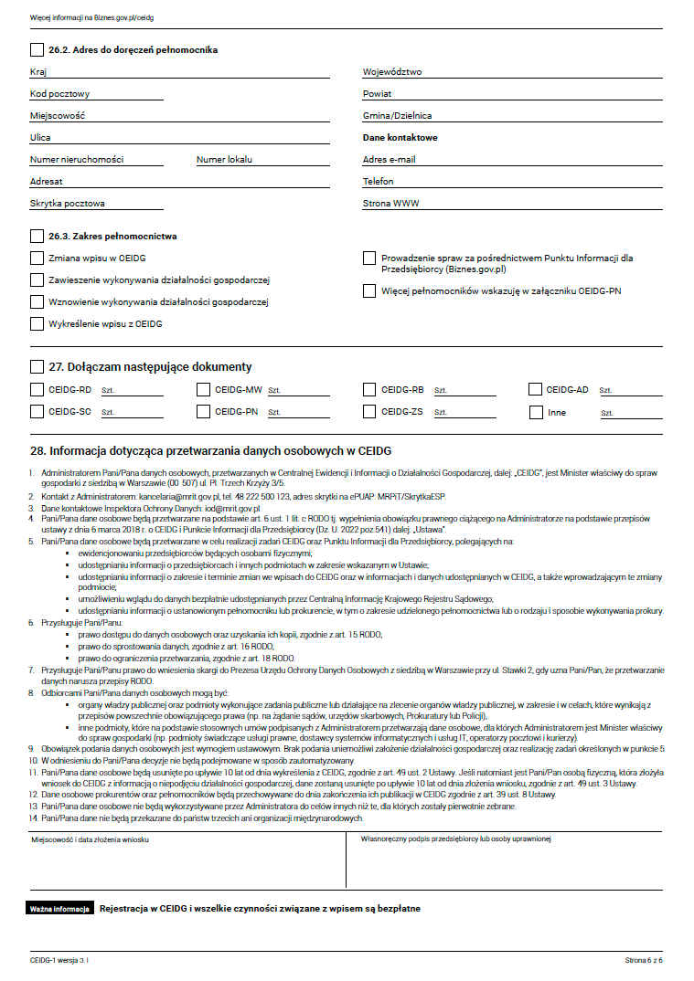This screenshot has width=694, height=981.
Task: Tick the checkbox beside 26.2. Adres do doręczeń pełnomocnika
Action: (37, 49)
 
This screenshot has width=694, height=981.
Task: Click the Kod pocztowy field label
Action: (59, 94)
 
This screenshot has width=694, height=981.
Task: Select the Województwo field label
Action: (392, 72)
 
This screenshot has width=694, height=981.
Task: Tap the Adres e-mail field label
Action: (389, 160)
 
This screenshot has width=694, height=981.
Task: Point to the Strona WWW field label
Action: (390, 204)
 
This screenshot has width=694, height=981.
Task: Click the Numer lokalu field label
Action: (226, 160)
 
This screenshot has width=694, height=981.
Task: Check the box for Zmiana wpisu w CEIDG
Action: (37, 258)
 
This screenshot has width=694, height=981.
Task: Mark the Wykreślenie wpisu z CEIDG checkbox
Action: (37, 323)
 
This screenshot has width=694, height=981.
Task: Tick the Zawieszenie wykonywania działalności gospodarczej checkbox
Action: (37, 280)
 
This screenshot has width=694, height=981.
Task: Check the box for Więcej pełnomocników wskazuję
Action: (369, 291)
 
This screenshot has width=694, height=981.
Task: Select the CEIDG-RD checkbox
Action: (37, 390)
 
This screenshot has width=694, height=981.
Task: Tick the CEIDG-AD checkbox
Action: (535, 390)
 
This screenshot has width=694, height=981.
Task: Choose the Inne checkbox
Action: (536, 413)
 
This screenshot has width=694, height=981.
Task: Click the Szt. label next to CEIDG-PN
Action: (274, 413)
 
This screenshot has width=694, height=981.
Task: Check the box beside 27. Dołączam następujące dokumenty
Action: (37, 367)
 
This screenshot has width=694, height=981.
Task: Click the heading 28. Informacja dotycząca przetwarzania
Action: (210, 451)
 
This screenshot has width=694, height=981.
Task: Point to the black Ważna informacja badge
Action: (59, 910)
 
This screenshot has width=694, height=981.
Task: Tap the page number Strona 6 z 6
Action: (644, 961)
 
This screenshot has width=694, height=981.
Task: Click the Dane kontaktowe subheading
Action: (400, 138)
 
